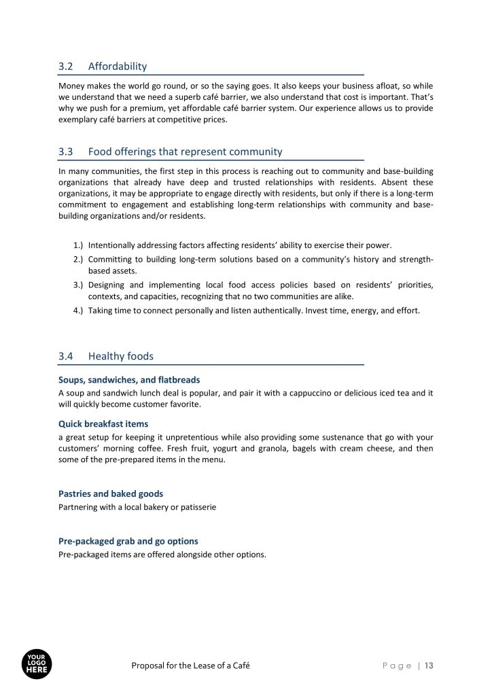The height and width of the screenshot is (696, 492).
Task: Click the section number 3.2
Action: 66,67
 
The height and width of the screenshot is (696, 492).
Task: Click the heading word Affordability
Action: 117,67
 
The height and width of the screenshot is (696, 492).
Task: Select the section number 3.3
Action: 66,152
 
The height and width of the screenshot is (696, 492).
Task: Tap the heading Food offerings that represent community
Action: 185,152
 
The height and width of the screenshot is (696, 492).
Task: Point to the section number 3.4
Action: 66,356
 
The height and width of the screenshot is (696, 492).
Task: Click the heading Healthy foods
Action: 120,356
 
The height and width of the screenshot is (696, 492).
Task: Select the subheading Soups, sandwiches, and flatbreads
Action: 129,380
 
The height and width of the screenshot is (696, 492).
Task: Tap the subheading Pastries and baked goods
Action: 111,494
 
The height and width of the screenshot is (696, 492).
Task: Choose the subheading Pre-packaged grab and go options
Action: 128,542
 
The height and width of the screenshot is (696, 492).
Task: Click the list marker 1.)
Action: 77,245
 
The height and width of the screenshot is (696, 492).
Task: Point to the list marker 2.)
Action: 77,259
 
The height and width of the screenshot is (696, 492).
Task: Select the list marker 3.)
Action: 77,285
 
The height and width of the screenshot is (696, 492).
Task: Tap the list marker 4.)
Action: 77,311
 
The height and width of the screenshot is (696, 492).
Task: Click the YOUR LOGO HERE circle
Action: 37,664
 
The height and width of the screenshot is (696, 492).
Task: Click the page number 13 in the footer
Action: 429,666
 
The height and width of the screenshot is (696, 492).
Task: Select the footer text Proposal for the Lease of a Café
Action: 190,666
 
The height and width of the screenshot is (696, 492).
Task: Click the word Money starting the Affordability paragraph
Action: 72,86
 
